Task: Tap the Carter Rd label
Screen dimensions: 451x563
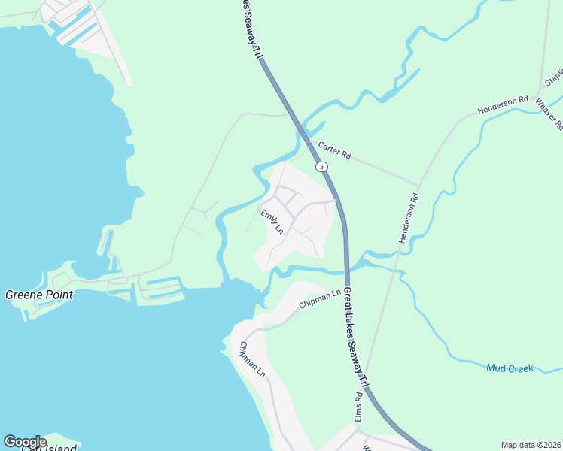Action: pyautogui.click(x=335, y=150)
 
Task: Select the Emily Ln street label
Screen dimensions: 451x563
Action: pyautogui.click(x=272, y=222)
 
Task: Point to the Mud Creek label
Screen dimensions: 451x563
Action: pyautogui.click(x=510, y=368)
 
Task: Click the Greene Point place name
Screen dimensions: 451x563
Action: pyautogui.click(x=39, y=295)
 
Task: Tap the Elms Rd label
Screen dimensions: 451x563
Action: pyautogui.click(x=359, y=406)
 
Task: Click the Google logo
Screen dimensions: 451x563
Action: pyautogui.click(x=26, y=442)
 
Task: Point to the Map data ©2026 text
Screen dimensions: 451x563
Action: pyautogui.click(x=531, y=444)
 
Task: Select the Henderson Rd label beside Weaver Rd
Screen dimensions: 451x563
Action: pyautogui.click(x=503, y=105)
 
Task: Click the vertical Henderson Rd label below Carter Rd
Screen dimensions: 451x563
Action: pyautogui.click(x=407, y=218)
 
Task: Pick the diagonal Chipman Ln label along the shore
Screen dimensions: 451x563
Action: pyautogui.click(x=252, y=359)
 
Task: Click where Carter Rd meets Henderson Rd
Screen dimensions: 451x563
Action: pyautogui.click(x=418, y=184)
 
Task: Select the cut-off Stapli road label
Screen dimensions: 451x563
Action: pyautogui.click(x=554, y=77)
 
